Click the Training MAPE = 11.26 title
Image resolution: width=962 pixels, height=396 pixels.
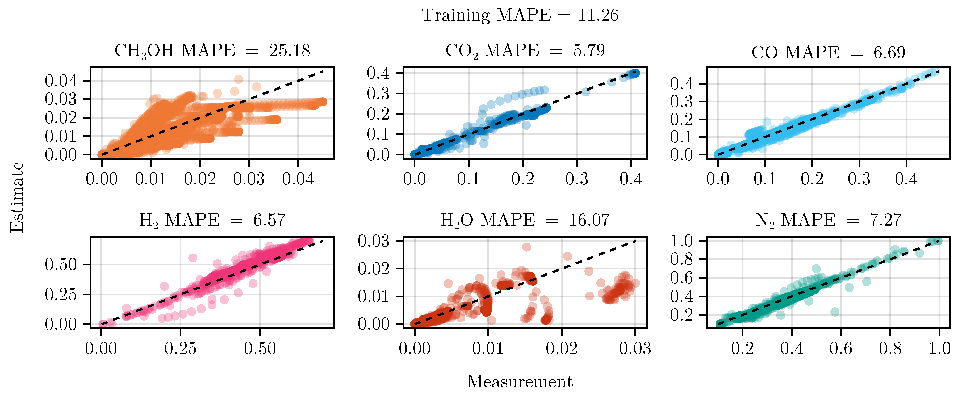[520, 16]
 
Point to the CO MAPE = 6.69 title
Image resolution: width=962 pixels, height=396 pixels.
[828, 53]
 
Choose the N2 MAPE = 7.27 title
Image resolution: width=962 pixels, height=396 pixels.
[828, 220]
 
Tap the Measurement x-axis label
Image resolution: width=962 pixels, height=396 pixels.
[520, 381]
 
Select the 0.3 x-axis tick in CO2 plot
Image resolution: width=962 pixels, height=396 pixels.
[577, 179]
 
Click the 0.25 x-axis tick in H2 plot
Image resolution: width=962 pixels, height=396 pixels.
[180, 349]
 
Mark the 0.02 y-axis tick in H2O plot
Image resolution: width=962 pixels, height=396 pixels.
[374, 269]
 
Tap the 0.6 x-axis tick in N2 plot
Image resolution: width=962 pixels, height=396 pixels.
[841, 349]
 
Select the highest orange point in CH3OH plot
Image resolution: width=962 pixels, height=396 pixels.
[239, 79]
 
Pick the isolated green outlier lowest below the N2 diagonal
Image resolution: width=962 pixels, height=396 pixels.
[835, 312]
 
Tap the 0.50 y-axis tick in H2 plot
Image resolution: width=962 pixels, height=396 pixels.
[61, 265]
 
